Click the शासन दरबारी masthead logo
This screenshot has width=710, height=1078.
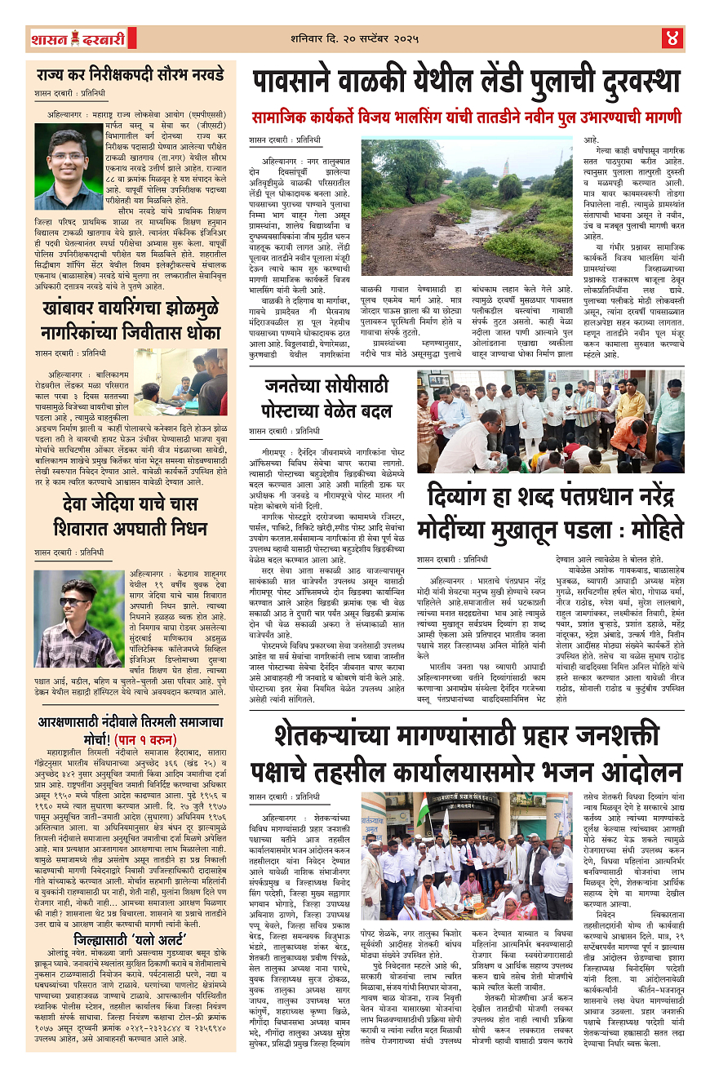pyautogui.click(x=78, y=38)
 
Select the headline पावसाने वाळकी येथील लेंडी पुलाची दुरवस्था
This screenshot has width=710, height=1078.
pyautogui.click(x=466, y=82)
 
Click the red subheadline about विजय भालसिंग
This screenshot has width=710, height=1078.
pyautogui.click(x=466, y=117)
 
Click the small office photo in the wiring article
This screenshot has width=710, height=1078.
pyautogui.click(x=180, y=382)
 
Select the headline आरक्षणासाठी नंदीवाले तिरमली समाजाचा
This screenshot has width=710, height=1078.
pyautogui.click(x=130, y=722)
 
